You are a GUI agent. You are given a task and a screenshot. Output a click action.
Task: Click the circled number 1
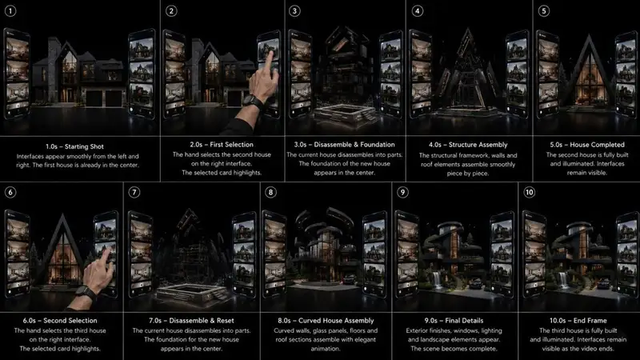10,10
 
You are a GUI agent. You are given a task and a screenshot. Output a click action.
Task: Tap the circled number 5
543,11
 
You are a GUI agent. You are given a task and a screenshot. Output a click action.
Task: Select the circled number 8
270,192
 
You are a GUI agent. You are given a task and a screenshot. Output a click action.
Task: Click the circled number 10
529,192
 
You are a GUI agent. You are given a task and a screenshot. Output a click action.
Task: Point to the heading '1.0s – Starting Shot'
74,146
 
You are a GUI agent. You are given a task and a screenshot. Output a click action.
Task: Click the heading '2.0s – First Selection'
222,145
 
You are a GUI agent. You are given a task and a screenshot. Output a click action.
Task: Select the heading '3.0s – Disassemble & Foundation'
345,145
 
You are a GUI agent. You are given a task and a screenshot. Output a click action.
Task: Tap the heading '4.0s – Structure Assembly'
468,145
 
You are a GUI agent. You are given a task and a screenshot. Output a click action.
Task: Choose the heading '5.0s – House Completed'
587,145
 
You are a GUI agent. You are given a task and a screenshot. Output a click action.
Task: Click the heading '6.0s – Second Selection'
60,321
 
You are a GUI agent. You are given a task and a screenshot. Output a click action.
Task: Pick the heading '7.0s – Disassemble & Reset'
191,321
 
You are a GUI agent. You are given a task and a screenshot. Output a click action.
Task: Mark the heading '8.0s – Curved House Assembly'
326,321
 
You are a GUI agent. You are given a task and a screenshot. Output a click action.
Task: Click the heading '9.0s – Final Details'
454,321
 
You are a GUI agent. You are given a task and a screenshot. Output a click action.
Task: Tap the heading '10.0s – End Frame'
578,321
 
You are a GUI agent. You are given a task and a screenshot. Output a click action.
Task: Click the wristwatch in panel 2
252,102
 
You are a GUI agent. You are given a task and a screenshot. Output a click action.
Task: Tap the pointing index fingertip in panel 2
269,54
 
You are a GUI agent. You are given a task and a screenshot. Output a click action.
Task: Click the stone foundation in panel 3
346,114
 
